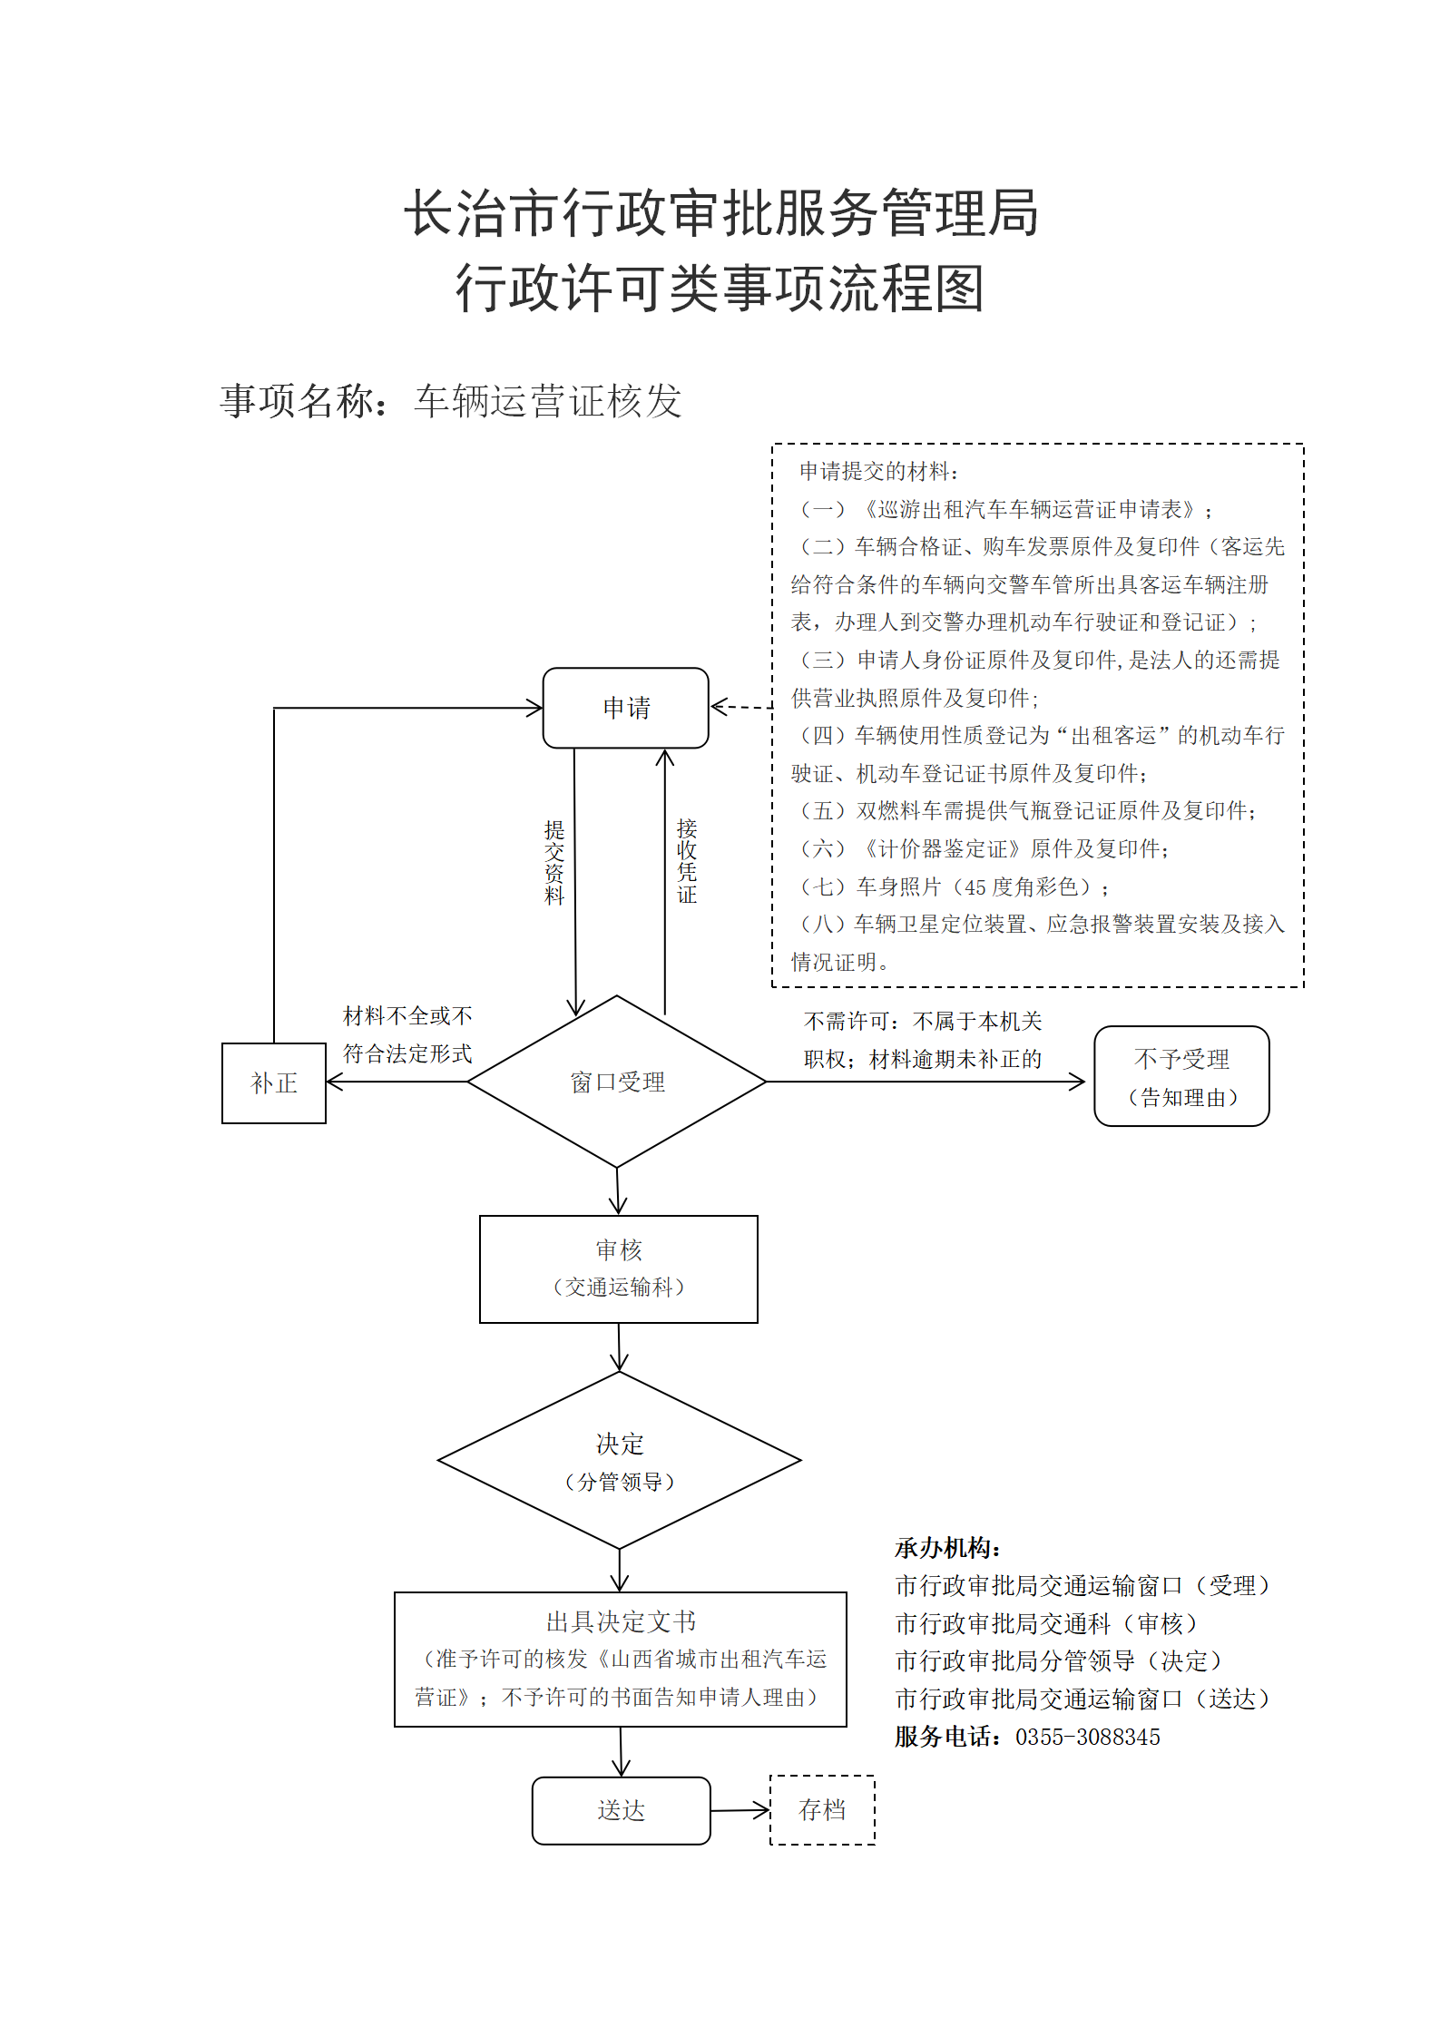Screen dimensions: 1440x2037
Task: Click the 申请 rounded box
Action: click(625, 708)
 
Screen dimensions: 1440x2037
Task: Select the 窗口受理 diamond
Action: click(617, 1082)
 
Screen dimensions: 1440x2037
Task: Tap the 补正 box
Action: click(274, 1083)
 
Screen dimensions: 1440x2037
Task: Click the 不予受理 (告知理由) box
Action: click(1181, 1076)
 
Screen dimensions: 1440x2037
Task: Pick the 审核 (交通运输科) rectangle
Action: click(619, 1269)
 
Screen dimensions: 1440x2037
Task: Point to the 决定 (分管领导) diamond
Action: click(620, 1461)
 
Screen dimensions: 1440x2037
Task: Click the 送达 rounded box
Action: click(622, 1811)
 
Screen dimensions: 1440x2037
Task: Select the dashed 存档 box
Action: click(822, 1810)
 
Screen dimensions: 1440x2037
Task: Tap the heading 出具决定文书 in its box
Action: click(622, 1621)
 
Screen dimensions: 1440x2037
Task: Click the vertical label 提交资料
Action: click(554, 862)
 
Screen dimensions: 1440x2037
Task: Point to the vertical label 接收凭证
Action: click(687, 860)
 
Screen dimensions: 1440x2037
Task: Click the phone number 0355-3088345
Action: click(1088, 1737)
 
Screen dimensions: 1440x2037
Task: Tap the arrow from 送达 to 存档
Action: click(740, 1811)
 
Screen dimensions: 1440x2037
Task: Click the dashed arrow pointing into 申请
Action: click(741, 707)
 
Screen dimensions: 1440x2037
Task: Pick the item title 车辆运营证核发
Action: click(548, 401)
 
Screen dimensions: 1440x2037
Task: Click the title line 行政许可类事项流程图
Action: click(720, 289)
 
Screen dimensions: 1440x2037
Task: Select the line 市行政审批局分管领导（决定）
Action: click(1059, 1660)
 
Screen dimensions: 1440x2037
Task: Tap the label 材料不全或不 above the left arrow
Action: click(407, 1016)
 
